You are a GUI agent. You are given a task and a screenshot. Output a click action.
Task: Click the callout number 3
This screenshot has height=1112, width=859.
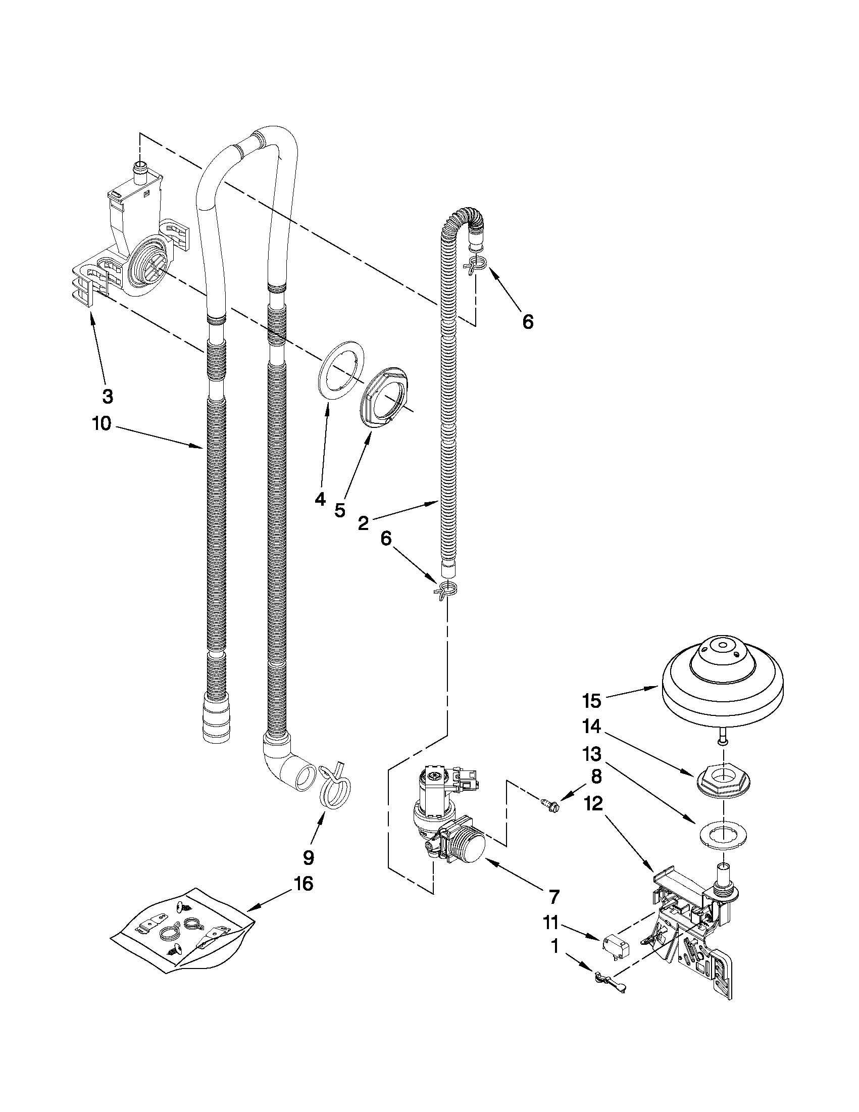click(108, 396)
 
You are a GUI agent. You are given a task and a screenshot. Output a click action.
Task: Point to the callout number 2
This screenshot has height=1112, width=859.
click(363, 523)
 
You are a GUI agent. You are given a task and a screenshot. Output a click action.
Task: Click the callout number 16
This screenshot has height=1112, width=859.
click(303, 885)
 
